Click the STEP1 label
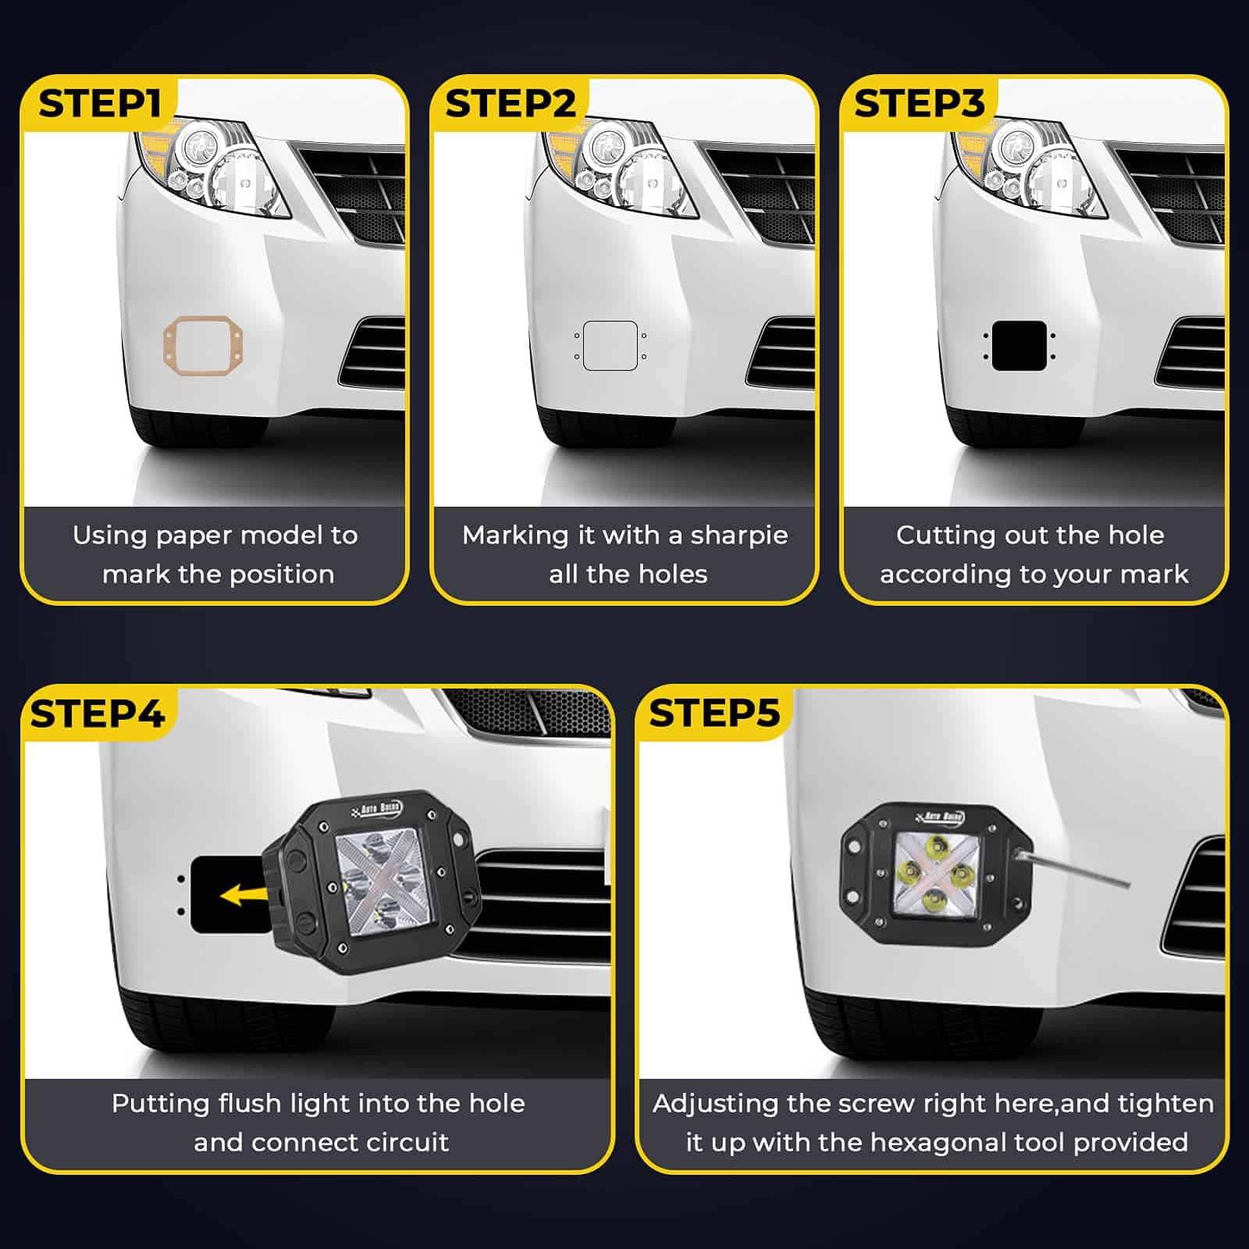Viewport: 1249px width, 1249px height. pos(99,104)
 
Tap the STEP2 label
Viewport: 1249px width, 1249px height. pos(511,104)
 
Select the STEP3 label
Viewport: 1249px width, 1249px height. pos(920,104)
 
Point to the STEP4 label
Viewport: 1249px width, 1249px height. pos(98,713)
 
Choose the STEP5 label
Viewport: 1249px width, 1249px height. pos(714,713)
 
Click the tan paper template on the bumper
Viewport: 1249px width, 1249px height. pos(167,346)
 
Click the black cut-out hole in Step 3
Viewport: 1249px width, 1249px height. pos(1019,345)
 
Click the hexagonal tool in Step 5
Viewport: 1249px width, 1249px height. pos(1074,868)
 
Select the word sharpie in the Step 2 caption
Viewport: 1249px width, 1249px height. pos(739,536)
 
